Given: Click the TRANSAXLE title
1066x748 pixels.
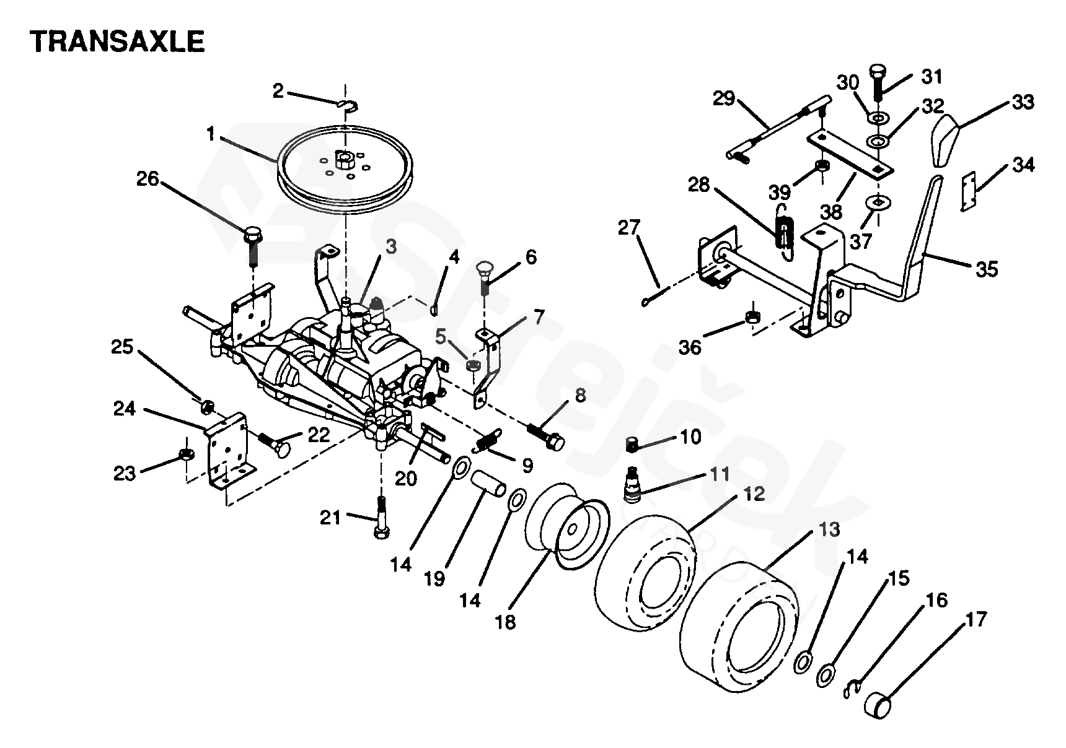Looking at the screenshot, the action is click(x=118, y=41).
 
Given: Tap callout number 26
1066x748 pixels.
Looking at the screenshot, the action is click(x=148, y=180).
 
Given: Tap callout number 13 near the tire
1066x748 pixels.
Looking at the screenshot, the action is click(x=829, y=529).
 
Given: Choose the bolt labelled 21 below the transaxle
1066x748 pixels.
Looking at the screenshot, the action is click(x=380, y=518).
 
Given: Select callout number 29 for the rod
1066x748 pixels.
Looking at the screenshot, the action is click(x=723, y=98).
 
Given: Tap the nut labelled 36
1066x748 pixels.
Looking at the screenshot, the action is click(x=753, y=316).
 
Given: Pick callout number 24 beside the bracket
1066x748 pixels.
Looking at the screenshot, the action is click(x=125, y=409).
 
